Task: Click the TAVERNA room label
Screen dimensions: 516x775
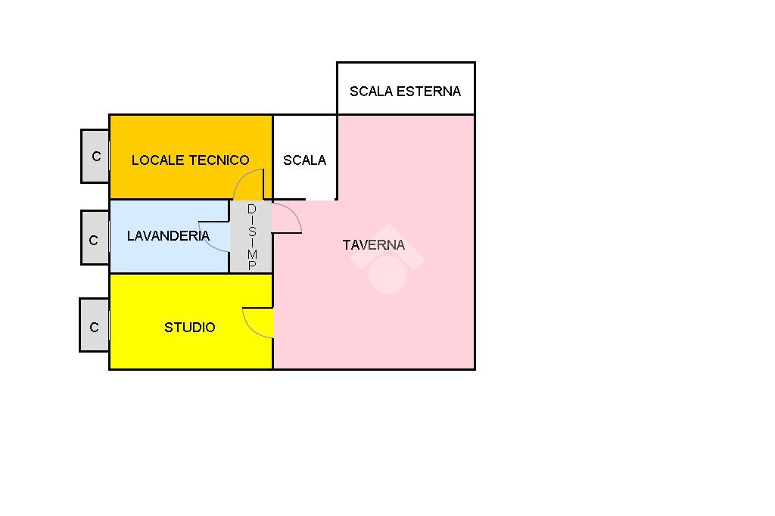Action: point(374,245)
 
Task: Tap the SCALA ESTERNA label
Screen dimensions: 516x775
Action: point(405,92)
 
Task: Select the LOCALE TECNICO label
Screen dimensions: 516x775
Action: point(190,160)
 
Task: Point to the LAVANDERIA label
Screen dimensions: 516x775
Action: point(168,236)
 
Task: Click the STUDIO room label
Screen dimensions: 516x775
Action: point(190,328)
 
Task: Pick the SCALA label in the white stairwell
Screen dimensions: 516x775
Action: point(304,160)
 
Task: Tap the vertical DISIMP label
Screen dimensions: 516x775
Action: point(252,237)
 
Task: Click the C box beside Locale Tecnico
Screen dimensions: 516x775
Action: point(96,157)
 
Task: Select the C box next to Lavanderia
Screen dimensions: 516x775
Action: point(94,241)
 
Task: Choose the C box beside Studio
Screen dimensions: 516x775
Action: point(94,328)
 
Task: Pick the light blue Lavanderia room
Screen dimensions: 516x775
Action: point(151,257)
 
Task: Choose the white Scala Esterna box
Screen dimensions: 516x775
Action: point(406,76)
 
